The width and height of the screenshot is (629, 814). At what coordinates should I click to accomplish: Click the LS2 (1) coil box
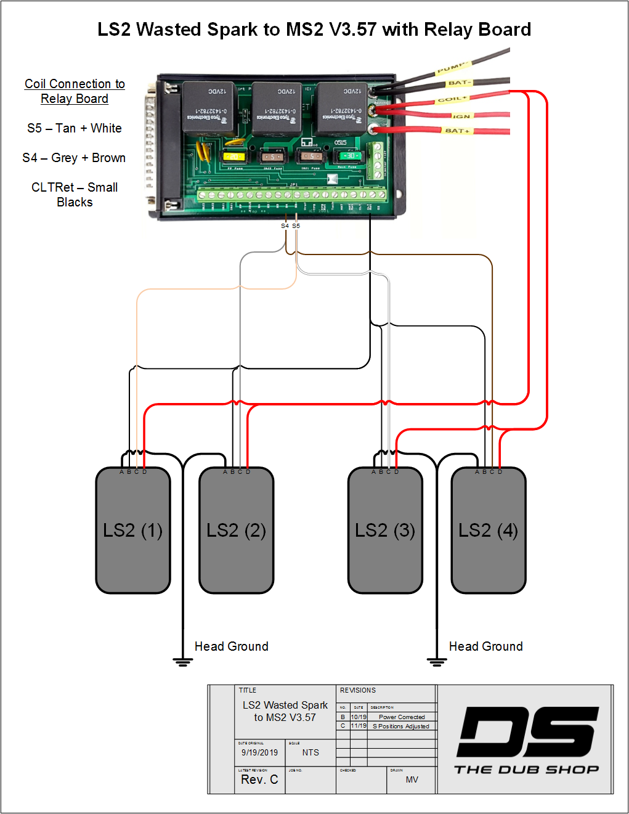[x=133, y=531]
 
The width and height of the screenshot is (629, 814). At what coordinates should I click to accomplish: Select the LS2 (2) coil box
[x=237, y=531]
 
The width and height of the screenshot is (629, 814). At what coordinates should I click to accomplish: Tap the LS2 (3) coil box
[x=385, y=531]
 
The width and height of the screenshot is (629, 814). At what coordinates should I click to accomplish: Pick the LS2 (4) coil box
[x=489, y=531]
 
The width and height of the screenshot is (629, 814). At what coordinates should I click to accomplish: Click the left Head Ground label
[x=232, y=646]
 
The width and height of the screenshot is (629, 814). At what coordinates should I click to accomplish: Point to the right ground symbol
[x=437, y=662]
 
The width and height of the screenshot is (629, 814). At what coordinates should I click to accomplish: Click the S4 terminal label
[x=285, y=226]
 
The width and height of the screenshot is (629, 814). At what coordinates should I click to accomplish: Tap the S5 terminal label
[x=296, y=226]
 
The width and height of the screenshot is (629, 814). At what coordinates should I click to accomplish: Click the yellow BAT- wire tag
[x=459, y=83]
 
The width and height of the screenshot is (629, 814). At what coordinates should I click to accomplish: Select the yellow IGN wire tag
[x=461, y=116]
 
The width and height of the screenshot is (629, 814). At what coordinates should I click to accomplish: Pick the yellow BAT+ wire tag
[x=458, y=131]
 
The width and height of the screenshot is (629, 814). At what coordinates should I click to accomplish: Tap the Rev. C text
[x=259, y=779]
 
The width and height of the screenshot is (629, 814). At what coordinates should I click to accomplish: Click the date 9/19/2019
[x=259, y=752]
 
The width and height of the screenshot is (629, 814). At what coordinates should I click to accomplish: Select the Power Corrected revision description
[x=402, y=717]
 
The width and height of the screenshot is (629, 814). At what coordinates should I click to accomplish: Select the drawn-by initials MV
[x=412, y=779]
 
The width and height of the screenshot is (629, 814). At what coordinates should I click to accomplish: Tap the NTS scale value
[x=310, y=752]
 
